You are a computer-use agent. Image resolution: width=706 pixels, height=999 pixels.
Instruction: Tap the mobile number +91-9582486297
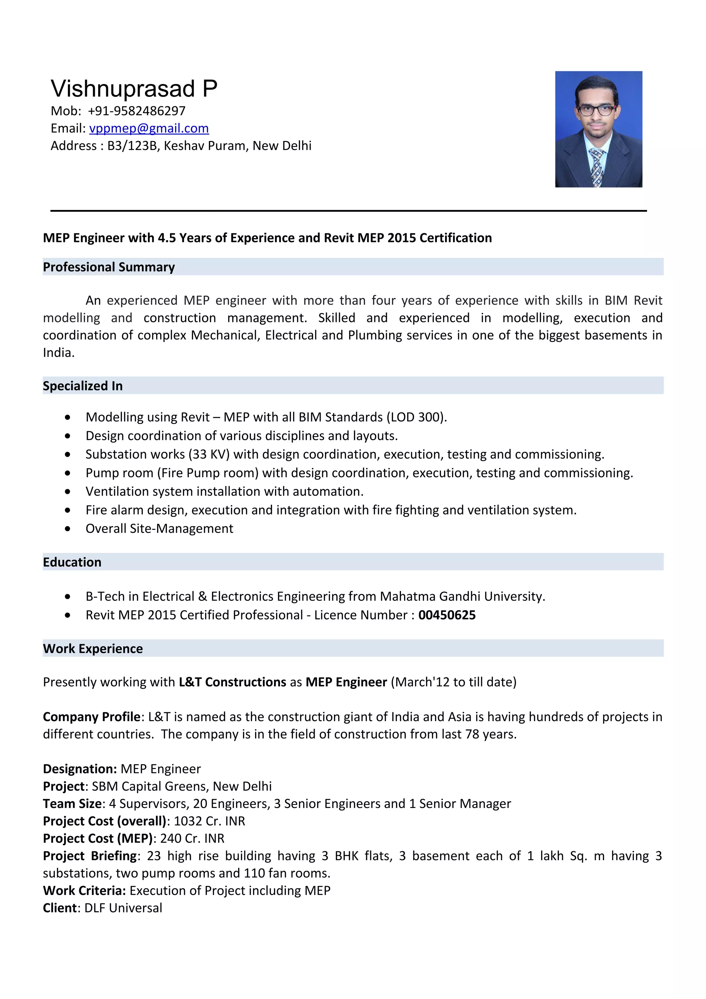coord(136,111)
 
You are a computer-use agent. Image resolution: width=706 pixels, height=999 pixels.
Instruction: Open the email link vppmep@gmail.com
coord(149,128)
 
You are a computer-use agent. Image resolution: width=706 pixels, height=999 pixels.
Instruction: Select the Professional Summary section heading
coord(109,267)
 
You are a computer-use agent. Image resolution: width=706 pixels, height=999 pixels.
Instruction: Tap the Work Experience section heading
coord(93,648)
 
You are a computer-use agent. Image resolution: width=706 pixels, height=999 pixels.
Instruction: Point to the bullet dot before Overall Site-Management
coord(68,529)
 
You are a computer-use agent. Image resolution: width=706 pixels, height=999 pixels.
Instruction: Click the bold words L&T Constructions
coord(232,682)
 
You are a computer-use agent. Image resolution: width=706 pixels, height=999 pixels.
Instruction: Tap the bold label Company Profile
coord(91,717)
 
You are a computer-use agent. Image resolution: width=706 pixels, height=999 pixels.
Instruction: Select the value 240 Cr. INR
coord(192,838)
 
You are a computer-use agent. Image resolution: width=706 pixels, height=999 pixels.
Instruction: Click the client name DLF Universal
coord(123,908)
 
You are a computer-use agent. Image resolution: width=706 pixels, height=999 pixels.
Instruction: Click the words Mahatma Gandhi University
coord(462,596)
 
